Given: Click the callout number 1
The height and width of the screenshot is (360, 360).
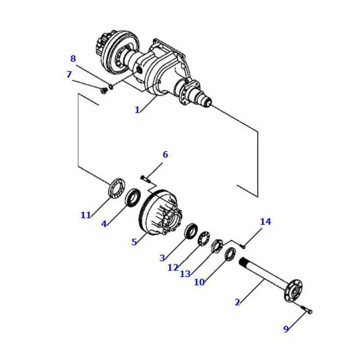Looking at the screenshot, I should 137,109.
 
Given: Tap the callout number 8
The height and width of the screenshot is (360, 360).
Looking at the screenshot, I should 73,58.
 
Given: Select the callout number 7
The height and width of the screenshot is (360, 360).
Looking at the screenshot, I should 69,74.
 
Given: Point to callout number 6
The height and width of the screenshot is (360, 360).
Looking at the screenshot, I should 165,155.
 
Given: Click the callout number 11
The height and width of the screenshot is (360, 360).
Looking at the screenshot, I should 86,215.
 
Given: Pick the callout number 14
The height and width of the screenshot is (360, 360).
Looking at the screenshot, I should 265,221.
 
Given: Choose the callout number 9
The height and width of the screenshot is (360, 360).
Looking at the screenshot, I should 286,329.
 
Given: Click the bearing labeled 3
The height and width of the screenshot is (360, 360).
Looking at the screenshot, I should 191,231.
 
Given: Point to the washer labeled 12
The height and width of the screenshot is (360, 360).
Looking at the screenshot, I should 204,238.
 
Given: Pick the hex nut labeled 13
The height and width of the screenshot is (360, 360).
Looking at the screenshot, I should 217,246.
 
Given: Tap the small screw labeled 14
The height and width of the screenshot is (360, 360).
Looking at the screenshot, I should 243,246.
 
